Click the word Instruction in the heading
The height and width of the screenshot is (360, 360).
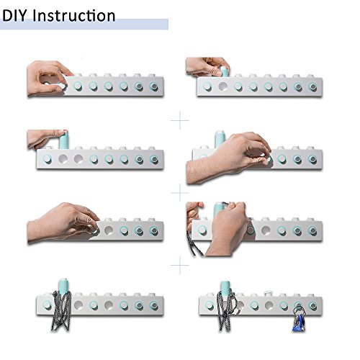tap(73, 16)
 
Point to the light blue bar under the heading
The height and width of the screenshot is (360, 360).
tap(84, 24)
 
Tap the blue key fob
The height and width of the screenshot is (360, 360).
tap(298, 323)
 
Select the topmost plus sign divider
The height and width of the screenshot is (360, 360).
tap(180, 120)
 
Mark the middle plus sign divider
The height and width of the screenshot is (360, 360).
tap(180, 192)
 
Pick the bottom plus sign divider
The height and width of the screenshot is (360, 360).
tap(180, 265)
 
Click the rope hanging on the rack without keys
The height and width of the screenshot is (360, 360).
tap(61, 311)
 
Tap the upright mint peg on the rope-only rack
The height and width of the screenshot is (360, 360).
tap(63, 287)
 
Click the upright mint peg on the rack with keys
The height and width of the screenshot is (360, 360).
tap(225, 288)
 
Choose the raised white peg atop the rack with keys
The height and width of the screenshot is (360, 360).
tap(269, 294)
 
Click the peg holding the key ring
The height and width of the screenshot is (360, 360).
tap(298, 305)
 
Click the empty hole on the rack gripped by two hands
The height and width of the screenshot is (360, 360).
tap(266, 230)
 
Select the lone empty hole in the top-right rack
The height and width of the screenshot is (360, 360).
tap(223, 86)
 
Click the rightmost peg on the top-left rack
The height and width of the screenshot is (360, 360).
tap(153, 86)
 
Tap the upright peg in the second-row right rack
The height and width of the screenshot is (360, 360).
tap(220, 139)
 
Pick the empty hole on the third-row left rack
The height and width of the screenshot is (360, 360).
tap(109, 230)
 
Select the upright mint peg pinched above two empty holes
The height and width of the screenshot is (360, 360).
tap(63, 140)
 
